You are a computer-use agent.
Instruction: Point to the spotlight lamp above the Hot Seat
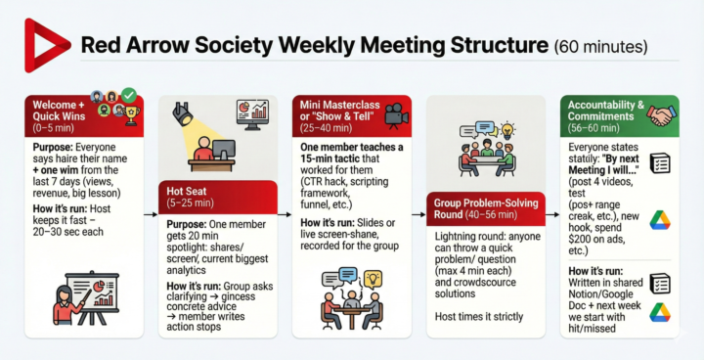[183, 114]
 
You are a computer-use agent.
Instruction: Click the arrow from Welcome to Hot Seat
[149, 212]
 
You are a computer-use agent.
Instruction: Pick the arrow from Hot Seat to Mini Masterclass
[283, 212]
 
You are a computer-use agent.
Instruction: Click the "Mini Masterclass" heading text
[338, 104]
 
